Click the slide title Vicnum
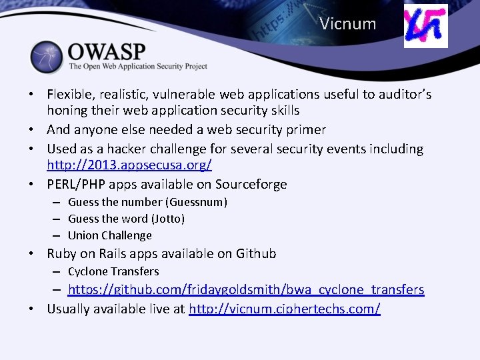[347, 25]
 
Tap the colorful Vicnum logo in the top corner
[426, 26]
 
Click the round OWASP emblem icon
[46, 57]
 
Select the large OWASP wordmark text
[107, 51]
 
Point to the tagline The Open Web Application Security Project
[138, 67]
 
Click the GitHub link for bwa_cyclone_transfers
[246, 289]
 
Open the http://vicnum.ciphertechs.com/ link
[285, 309]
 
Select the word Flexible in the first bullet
[70, 95]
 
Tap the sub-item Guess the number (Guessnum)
[147, 202]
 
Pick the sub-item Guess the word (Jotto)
[126, 219]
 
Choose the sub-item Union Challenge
[110, 235]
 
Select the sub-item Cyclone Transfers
[113, 271]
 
